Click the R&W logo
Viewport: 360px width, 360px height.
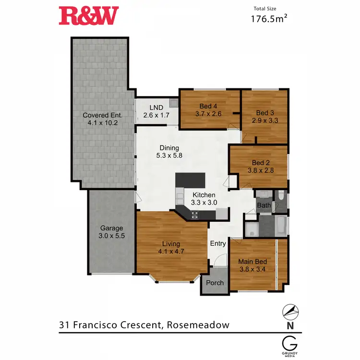click(88, 16)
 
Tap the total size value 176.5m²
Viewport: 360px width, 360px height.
click(269, 19)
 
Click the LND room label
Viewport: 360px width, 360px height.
click(156, 107)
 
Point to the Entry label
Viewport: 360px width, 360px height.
click(218, 243)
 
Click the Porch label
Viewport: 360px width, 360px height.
click(215, 283)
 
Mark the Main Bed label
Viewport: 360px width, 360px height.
click(252, 262)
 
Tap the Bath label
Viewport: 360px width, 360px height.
click(264, 205)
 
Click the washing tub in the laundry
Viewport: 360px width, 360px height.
click(173, 103)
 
